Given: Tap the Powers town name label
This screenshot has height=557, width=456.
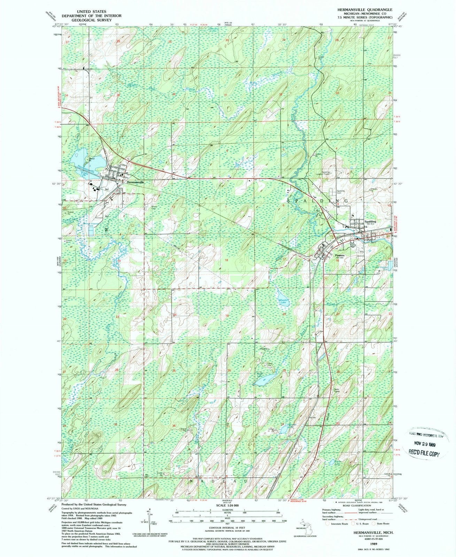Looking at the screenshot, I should (x=340, y=255).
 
